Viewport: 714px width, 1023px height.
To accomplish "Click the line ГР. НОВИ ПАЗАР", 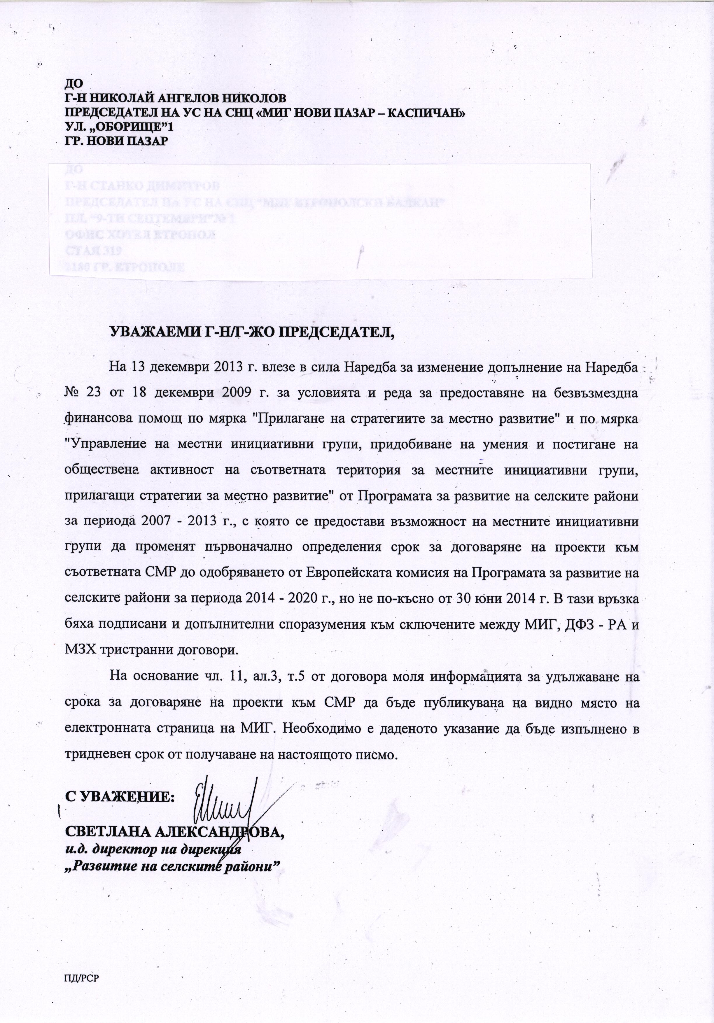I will (x=116, y=141).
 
